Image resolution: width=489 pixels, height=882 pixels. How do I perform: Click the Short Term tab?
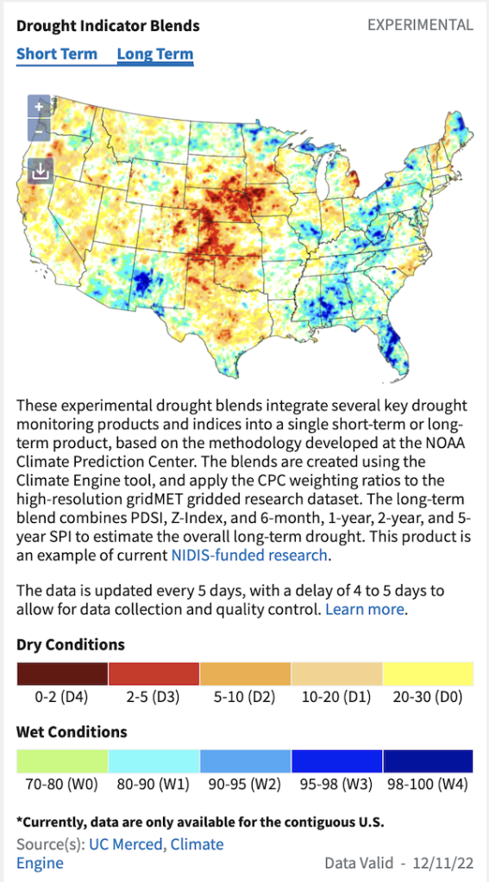point(57,54)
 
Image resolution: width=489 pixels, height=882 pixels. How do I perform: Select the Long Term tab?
point(155,54)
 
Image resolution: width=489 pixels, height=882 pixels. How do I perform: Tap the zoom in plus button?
point(39,106)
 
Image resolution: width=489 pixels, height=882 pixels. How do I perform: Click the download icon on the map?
point(40,171)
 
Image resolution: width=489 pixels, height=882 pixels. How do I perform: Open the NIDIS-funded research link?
point(249,556)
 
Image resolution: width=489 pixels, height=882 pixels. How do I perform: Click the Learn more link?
point(365,609)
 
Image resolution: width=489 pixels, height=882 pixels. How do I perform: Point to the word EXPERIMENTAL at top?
point(420,25)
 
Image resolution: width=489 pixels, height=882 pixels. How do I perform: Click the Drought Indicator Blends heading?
point(108,26)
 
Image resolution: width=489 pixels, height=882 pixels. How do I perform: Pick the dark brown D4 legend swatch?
point(62,674)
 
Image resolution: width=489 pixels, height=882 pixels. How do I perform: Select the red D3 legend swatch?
point(154,674)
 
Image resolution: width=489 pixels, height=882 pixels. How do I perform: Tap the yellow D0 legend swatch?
point(428,674)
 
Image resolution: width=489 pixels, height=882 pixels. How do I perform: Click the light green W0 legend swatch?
point(62,761)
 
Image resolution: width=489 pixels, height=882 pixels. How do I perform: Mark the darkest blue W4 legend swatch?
point(428,761)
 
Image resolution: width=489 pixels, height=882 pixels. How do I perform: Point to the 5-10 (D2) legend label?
point(245,698)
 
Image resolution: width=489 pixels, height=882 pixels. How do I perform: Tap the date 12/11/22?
point(442,863)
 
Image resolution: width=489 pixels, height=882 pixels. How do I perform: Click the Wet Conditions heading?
point(72,732)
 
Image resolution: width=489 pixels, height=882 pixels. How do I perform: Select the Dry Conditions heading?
point(71,644)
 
